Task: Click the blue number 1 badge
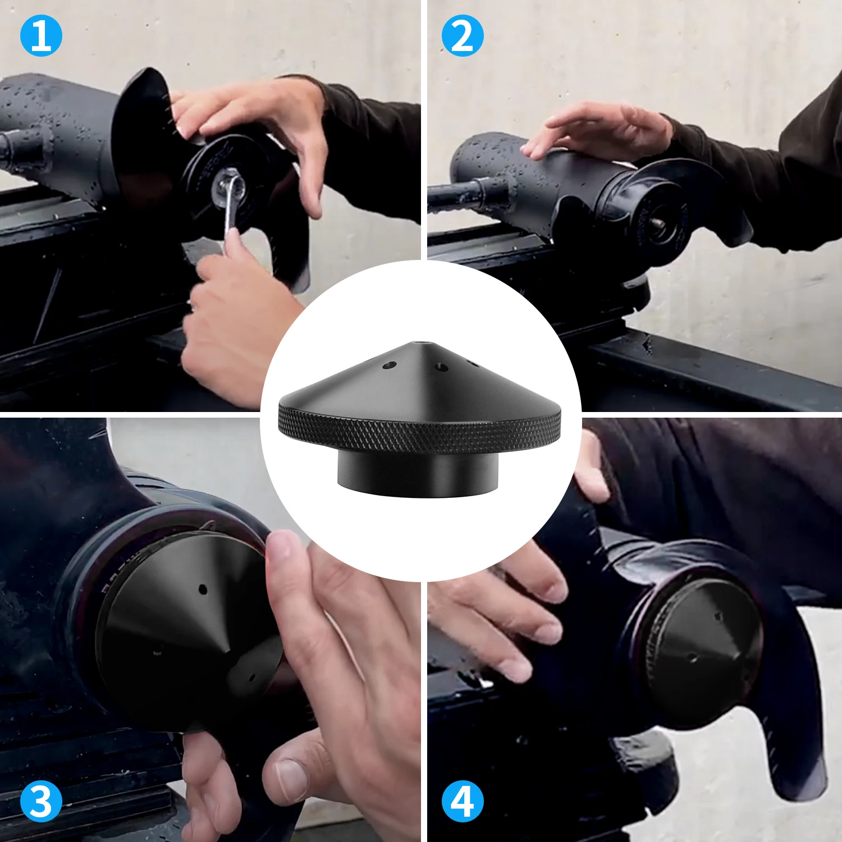tap(40, 36)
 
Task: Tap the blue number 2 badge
tap(462, 36)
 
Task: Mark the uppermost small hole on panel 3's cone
tap(203, 589)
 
